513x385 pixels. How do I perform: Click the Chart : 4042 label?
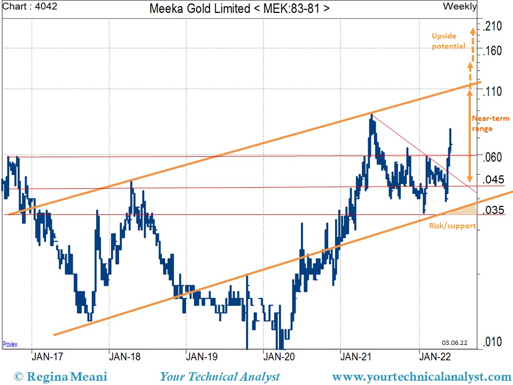pos(30,7)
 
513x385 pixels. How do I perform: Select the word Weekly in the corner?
pos(460,6)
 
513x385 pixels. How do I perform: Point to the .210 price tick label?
pos(493,26)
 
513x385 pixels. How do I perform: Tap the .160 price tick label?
pos(493,51)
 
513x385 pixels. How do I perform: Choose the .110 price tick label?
pos(493,91)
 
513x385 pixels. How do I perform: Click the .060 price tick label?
pos(493,157)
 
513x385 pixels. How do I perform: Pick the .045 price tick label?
pos(493,180)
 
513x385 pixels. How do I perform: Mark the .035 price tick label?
pos(493,210)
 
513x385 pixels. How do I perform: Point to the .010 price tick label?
pos(493,342)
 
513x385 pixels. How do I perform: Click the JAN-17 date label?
pos(46,357)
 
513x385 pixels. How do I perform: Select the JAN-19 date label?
pos(201,357)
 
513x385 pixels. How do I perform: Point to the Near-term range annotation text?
pos(483,124)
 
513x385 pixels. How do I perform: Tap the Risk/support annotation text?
pos(452,226)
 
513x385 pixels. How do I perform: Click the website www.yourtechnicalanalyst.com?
pos(421,376)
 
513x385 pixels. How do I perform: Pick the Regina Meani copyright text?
pos(60,376)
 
